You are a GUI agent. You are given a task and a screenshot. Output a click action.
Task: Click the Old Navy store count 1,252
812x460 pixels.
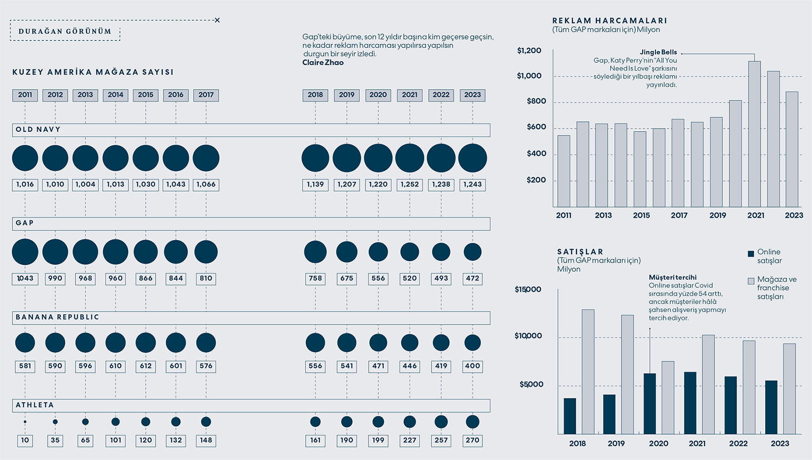point(409,185)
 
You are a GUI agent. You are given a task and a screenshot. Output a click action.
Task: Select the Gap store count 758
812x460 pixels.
point(315,278)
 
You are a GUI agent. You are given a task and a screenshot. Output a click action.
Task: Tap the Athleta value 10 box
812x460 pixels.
point(25,440)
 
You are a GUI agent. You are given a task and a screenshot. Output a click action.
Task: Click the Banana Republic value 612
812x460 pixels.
point(146,366)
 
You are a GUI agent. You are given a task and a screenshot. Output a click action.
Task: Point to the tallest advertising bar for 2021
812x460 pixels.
point(754,133)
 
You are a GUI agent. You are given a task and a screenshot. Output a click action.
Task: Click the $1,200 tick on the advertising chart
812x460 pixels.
point(529,50)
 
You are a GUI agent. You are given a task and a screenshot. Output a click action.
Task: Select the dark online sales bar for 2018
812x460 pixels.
point(570,416)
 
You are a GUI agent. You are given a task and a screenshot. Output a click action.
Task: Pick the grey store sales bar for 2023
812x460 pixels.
point(789,388)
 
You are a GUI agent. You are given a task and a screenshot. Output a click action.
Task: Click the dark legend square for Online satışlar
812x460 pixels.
point(751,253)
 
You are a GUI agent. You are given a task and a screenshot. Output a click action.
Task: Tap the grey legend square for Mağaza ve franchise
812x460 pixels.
point(751,281)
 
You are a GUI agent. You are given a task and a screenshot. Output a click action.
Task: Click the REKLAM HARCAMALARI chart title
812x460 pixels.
point(609,21)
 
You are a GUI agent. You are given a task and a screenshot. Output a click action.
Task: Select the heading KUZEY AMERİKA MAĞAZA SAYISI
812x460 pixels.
point(93,72)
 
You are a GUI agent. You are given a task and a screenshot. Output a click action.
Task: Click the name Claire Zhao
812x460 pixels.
point(323,62)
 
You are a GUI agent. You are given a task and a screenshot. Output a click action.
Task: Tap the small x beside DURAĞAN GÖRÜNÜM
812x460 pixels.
point(217,20)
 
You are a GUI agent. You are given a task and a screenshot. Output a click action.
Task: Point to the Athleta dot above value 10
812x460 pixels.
point(25,421)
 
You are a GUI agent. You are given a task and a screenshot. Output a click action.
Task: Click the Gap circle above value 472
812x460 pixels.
point(472,252)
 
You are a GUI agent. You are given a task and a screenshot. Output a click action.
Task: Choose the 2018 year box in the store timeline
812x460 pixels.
point(315,95)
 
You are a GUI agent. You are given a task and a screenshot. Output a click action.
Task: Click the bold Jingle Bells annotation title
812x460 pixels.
point(658,52)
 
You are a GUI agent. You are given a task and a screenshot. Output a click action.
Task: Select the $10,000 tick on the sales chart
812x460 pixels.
point(528,336)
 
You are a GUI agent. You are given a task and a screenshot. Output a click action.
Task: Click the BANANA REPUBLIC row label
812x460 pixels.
point(57,317)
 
